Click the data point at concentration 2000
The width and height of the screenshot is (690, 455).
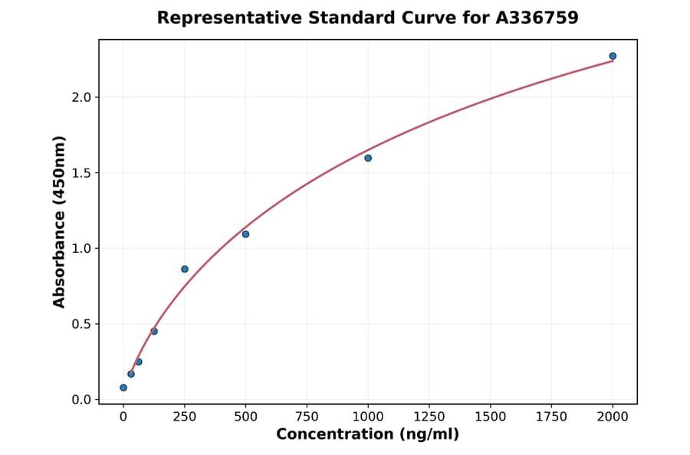(613, 56)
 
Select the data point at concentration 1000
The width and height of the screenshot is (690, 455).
(368, 158)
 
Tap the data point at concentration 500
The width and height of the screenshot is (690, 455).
(245, 234)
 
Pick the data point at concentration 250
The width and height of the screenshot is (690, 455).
(185, 269)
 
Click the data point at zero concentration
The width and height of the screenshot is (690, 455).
(123, 388)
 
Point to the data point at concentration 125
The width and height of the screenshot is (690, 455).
(154, 331)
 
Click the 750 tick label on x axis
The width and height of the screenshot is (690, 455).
(307, 417)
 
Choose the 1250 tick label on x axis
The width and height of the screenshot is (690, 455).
(429, 417)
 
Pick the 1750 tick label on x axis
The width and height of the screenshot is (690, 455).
(551, 417)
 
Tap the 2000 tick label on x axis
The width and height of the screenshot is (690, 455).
(613, 417)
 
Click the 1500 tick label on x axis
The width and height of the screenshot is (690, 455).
(490, 417)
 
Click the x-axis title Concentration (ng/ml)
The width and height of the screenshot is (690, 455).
(367, 435)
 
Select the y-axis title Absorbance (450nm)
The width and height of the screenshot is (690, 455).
(59, 221)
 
